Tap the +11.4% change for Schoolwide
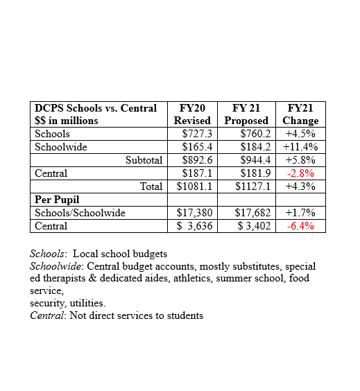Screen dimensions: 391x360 coord(300,147)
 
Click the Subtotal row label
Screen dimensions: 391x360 coord(144,160)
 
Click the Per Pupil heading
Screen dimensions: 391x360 coord(57,200)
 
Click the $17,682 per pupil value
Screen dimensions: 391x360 coord(252,213)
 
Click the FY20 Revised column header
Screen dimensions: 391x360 coord(192,114)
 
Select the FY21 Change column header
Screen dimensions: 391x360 coord(300,114)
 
